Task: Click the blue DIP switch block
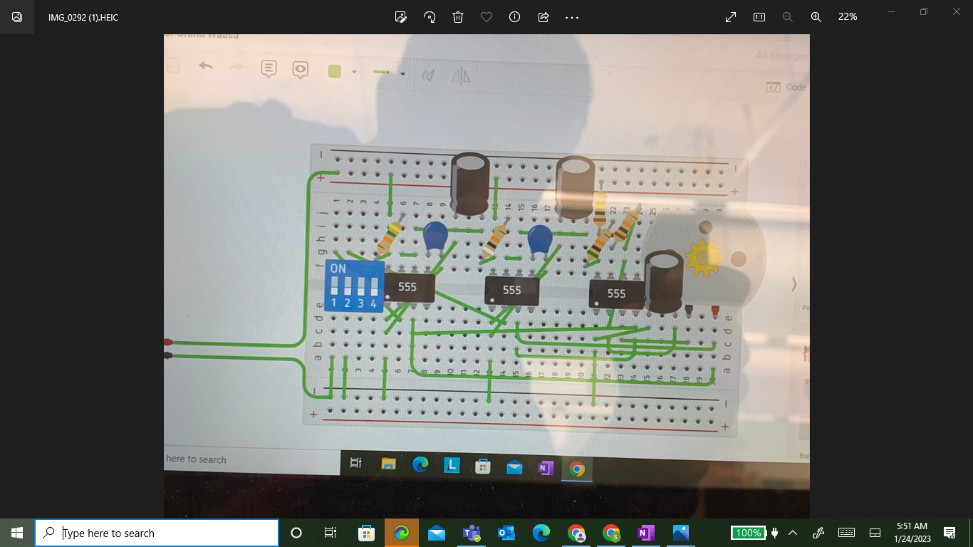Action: tap(354, 286)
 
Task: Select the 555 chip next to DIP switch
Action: tap(408, 288)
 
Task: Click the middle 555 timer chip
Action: tap(511, 291)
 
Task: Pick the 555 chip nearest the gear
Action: tap(616, 293)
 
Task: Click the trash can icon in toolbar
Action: tap(458, 17)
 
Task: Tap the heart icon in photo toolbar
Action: tap(486, 17)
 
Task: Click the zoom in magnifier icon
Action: tap(816, 17)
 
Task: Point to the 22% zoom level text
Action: tap(847, 17)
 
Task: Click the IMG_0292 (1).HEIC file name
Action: tap(83, 17)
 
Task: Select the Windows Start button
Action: tap(17, 533)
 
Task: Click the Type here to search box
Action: tap(157, 533)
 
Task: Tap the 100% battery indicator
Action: tap(748, 533)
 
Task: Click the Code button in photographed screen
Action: tap(787, 87)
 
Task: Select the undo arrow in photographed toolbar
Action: tap(206, 66)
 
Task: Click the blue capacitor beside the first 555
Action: tap(435, 236)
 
